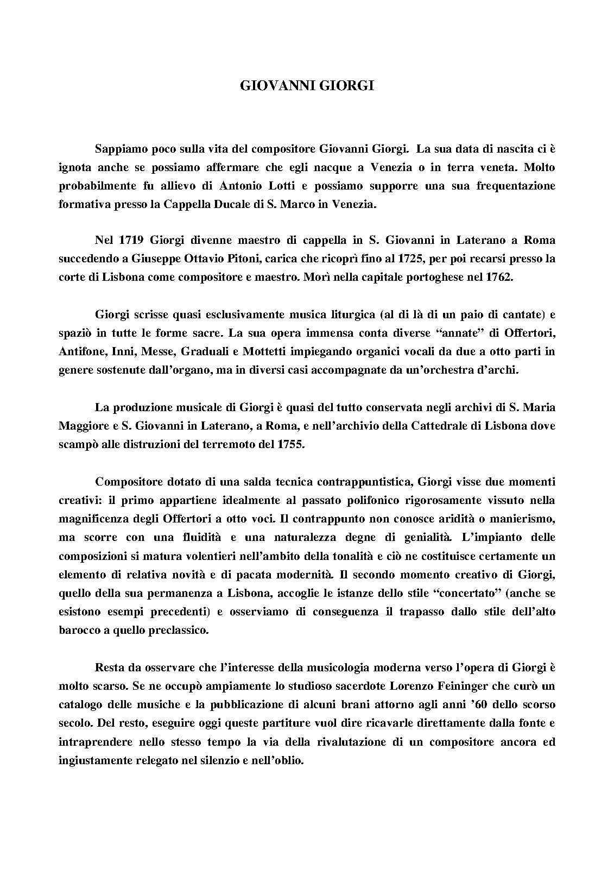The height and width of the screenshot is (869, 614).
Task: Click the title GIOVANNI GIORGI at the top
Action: coord(307,86)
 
